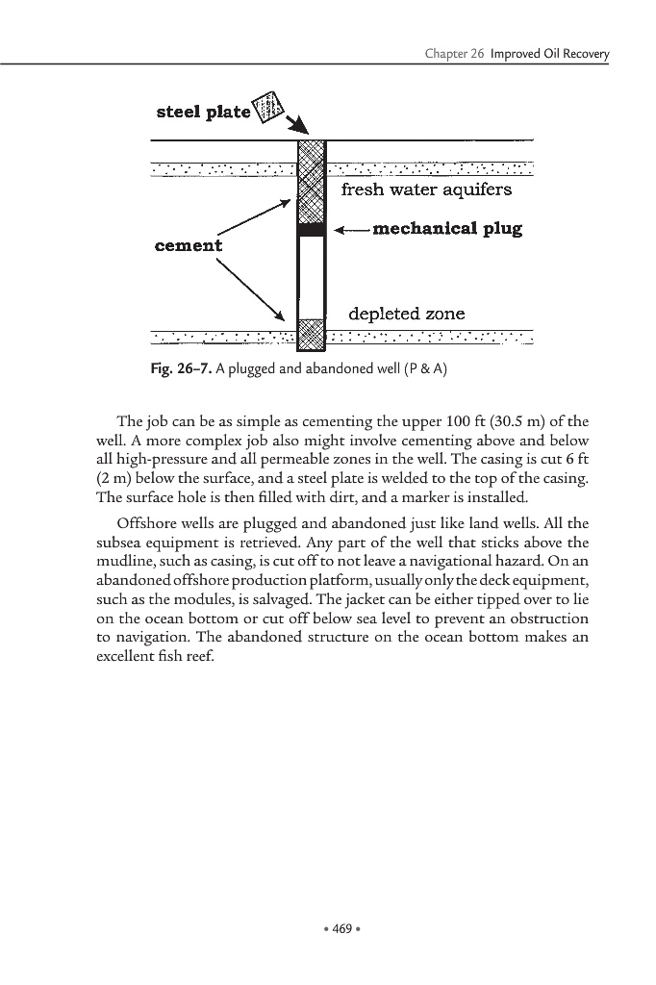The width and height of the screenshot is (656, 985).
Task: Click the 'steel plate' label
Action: click(x=202, y=113)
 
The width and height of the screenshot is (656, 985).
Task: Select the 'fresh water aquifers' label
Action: click(x=426, y=189)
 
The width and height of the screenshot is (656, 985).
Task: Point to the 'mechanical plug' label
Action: click(x=447, y=229)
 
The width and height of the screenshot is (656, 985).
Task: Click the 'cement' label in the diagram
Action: click(x=188, y=245)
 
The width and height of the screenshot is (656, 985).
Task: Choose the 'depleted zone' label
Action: click(x=406, y=314)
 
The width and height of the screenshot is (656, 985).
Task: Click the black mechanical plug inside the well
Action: click(x=311, y=230)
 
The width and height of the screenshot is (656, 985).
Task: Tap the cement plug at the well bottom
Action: click(x=311, y=335)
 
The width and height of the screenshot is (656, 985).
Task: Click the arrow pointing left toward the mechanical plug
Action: click(x=351, y=230)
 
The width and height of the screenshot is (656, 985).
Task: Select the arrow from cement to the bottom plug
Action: click(x=252, y=289)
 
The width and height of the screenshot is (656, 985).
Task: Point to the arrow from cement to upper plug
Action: click(x=254, y=217)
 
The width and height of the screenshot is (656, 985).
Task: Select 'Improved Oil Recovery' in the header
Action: click(x=549, y=54)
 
